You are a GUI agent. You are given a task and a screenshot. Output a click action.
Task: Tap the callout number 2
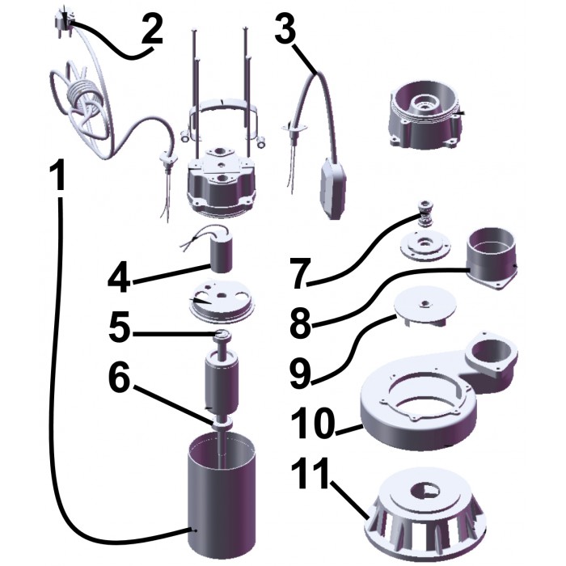(152, 30)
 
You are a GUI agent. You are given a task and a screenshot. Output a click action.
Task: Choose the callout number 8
(301, 323)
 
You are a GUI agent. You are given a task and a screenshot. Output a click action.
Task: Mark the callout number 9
(301, 373)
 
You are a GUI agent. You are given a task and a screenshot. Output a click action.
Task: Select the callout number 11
(310, 472)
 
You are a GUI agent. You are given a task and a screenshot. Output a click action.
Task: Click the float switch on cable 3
(333, 188)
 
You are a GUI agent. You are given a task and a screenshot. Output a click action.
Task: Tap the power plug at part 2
(64, 19)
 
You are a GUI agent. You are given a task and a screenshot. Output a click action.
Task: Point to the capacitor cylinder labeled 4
(220, 255)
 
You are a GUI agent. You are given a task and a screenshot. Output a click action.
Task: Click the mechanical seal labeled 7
(426, 214)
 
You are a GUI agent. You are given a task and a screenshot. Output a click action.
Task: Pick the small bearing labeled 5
(222, 336)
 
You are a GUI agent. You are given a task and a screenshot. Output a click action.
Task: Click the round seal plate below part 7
(426, 246)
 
